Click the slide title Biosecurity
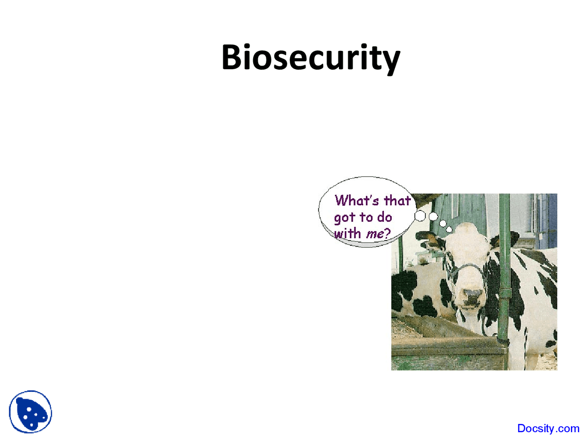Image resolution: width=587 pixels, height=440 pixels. pyautogui.click(x=310, y=58)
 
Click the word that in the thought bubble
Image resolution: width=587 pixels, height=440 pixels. pyautogui.click(x=397, y=201)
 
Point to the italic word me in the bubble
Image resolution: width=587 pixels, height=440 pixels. pyautogui.click(x=375, y=234)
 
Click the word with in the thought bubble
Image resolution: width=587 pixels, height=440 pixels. pyautogui.click(x=347, y=233)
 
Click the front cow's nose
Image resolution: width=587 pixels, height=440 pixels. pyautogui.click(x=473, y=297)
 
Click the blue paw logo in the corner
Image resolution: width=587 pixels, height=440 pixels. pyautogui.click(x=31, y=412)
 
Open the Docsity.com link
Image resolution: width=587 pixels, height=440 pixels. pyautogui.click(x=548, y=429)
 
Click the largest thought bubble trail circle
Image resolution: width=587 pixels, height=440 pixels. pyautogui.click(x=421, y=215)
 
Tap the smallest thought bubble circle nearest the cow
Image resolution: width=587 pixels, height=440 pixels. pyautogui.click(x=449, y=229)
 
